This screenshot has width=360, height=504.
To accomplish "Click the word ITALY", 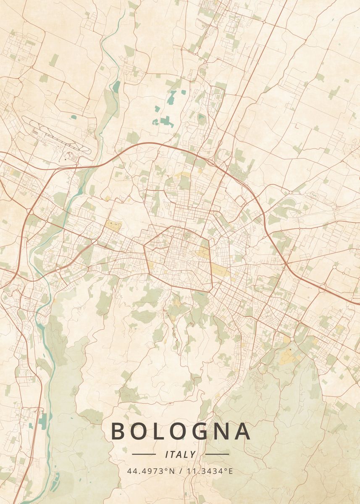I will point(181,454).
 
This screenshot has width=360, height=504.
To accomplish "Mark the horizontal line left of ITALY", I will point(144,454).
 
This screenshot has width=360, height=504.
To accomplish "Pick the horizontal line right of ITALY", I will point(217,454).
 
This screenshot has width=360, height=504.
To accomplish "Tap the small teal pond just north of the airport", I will point(74,118).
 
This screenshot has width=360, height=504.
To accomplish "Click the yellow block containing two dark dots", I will point(113,226).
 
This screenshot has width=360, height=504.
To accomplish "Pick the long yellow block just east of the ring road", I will point(219,270).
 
